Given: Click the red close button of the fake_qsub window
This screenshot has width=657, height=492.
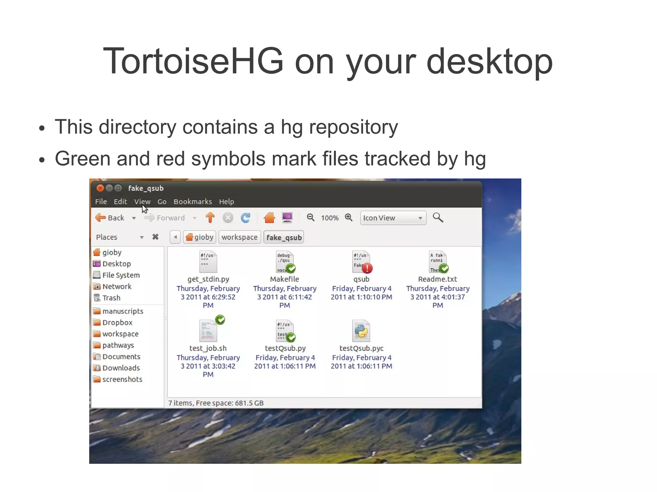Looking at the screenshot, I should pyautogui.click(x=100, y=188).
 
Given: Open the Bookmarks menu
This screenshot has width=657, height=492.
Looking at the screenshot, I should pyautogui.click(x=192, y=202).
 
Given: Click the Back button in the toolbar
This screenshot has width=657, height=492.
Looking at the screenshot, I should pyautogui.click(x=110, y=218).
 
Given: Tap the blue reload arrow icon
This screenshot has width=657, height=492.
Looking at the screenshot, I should pyautogui.click(x=246, y=218).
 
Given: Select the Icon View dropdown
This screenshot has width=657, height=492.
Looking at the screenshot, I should pyautogui.click(x=393, y=218).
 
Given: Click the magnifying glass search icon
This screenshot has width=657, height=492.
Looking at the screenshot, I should pyautogui.click(x=438, y=218).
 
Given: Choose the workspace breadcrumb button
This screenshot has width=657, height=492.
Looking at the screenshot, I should pyautogui.click(x=239, y=237).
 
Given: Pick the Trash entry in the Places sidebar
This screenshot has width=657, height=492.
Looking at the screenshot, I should pyautogui.click(x=111, y=298).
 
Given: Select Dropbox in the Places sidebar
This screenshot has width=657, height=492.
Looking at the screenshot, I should pyautogui.click(x=117, y=322).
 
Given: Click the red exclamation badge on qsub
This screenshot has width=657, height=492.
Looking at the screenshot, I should pyautogui.click(x=367, y=268).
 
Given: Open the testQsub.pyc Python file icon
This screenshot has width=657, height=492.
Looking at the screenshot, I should pyautogui.click(x=361, y=331).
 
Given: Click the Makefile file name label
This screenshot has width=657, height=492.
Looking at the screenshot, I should pyautogui.click(x=285, y=279).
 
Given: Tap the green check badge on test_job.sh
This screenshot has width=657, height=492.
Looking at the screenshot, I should pyautogui.click(x=220, y=320).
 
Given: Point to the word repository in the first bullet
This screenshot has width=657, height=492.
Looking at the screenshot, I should pyautogui.click(x=353, y=127).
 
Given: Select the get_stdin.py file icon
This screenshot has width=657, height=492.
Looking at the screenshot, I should pyautogui.click(x=208, y=262).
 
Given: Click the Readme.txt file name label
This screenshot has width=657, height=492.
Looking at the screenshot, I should pyautogui.click(x=438, y=279).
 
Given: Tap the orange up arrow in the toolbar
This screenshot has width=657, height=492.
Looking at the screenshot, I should pyautogui.click(x=210, y=218).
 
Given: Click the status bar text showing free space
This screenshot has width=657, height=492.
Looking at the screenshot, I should pyautogui.click(x=216, y=403).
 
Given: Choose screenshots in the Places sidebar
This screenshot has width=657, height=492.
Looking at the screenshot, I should pyautogui.click(x=122, y=379).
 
